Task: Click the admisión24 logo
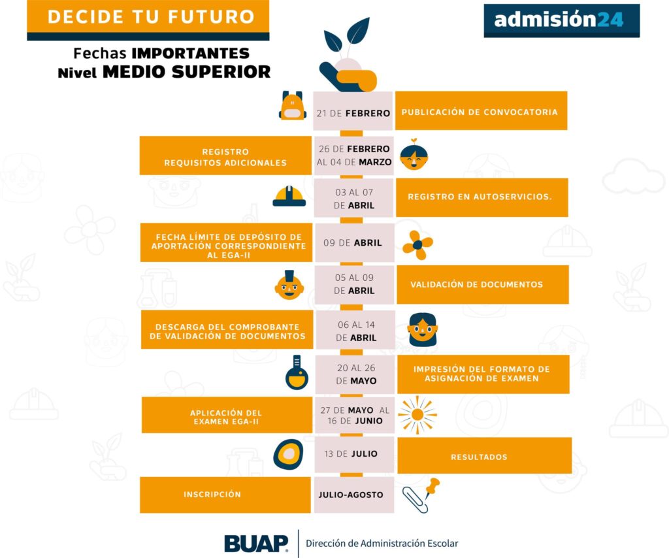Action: (x=561, y=20)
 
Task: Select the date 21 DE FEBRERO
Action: (x=353, y=113)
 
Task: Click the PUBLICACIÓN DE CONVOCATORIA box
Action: (x=480, y=112)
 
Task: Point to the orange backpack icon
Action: (x=292, y=107)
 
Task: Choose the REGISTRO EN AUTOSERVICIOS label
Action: (x=480, y=197)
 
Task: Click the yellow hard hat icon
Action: (x=289, y=196)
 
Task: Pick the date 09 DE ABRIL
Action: (x=353, y=242)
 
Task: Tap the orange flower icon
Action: (x=417, y=245)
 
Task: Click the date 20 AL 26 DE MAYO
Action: (x=355, y=374)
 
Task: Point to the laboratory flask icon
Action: (x=296, y=373)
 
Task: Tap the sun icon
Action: (x=417, y=414)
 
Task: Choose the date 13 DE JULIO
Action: (x=351, y=453)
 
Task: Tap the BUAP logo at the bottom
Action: (x=256, y=543)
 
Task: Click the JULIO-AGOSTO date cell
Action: (x=351, y=495)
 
